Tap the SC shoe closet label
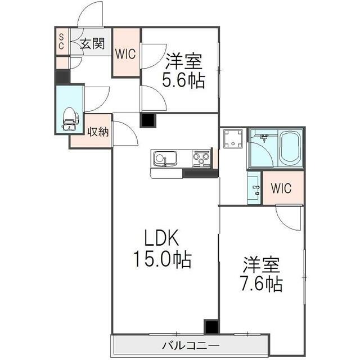61,42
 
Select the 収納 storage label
98,132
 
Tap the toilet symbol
70,118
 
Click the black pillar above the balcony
211,327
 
